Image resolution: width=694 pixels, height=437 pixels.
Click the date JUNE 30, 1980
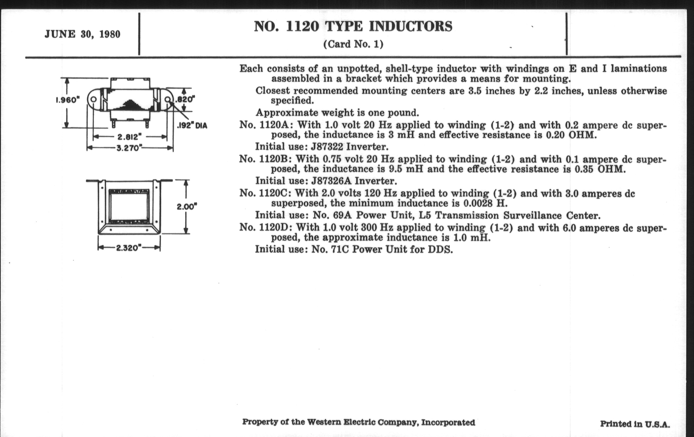point(82,34)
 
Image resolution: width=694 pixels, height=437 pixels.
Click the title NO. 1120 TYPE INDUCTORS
point(353,27)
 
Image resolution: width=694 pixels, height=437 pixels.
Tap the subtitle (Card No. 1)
point(353,44)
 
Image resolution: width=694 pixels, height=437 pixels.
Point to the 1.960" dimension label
point(67,100)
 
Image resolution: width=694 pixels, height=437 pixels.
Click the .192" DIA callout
point(192,126)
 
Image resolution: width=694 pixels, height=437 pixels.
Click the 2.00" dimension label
point(187,207)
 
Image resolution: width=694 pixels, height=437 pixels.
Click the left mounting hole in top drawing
point(94,99)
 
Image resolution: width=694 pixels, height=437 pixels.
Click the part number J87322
point(327,147)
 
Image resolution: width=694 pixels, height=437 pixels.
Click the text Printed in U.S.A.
point(635,424)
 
